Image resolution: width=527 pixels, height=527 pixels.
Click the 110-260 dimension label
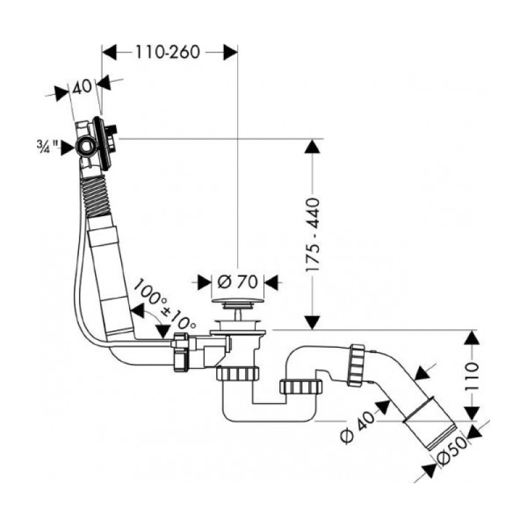pos(168,52)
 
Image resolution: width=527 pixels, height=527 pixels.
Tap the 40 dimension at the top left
pos(82,87)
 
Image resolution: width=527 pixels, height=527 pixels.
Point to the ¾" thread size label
pos(47,146)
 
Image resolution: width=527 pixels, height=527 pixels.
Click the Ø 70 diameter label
pos(237,283)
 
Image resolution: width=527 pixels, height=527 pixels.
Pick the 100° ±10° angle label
pos(165,303)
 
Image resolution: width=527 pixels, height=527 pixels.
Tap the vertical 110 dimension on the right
pos(472,375)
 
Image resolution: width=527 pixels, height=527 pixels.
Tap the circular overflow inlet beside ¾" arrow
pos(86,146)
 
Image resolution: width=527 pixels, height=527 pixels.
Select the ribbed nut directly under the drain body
pos(237,374)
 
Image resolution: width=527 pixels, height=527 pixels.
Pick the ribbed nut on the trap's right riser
pos(301,387)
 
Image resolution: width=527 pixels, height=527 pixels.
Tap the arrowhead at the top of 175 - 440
pos(312,146)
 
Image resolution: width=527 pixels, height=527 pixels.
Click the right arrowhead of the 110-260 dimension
pos(231,52)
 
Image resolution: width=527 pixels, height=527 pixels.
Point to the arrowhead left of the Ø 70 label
pos(204,283)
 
